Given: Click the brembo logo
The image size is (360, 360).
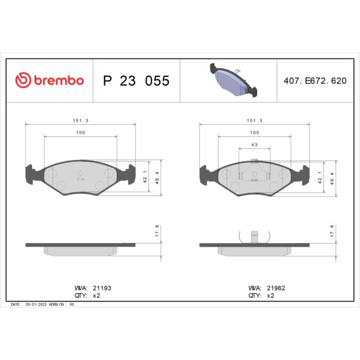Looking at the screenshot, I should [49, 80].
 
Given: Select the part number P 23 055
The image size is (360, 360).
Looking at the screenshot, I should [136, 81].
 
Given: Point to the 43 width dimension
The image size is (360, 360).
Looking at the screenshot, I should [254, 145].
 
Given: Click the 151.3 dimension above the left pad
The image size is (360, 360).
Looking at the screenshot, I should [80, 121].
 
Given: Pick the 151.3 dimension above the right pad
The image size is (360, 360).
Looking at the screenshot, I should [254, 121].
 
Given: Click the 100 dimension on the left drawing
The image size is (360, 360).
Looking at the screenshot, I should [80, 133].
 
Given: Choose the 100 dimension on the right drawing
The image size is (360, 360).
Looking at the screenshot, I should [254, 133].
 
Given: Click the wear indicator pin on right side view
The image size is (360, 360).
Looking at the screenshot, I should [254, 236].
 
